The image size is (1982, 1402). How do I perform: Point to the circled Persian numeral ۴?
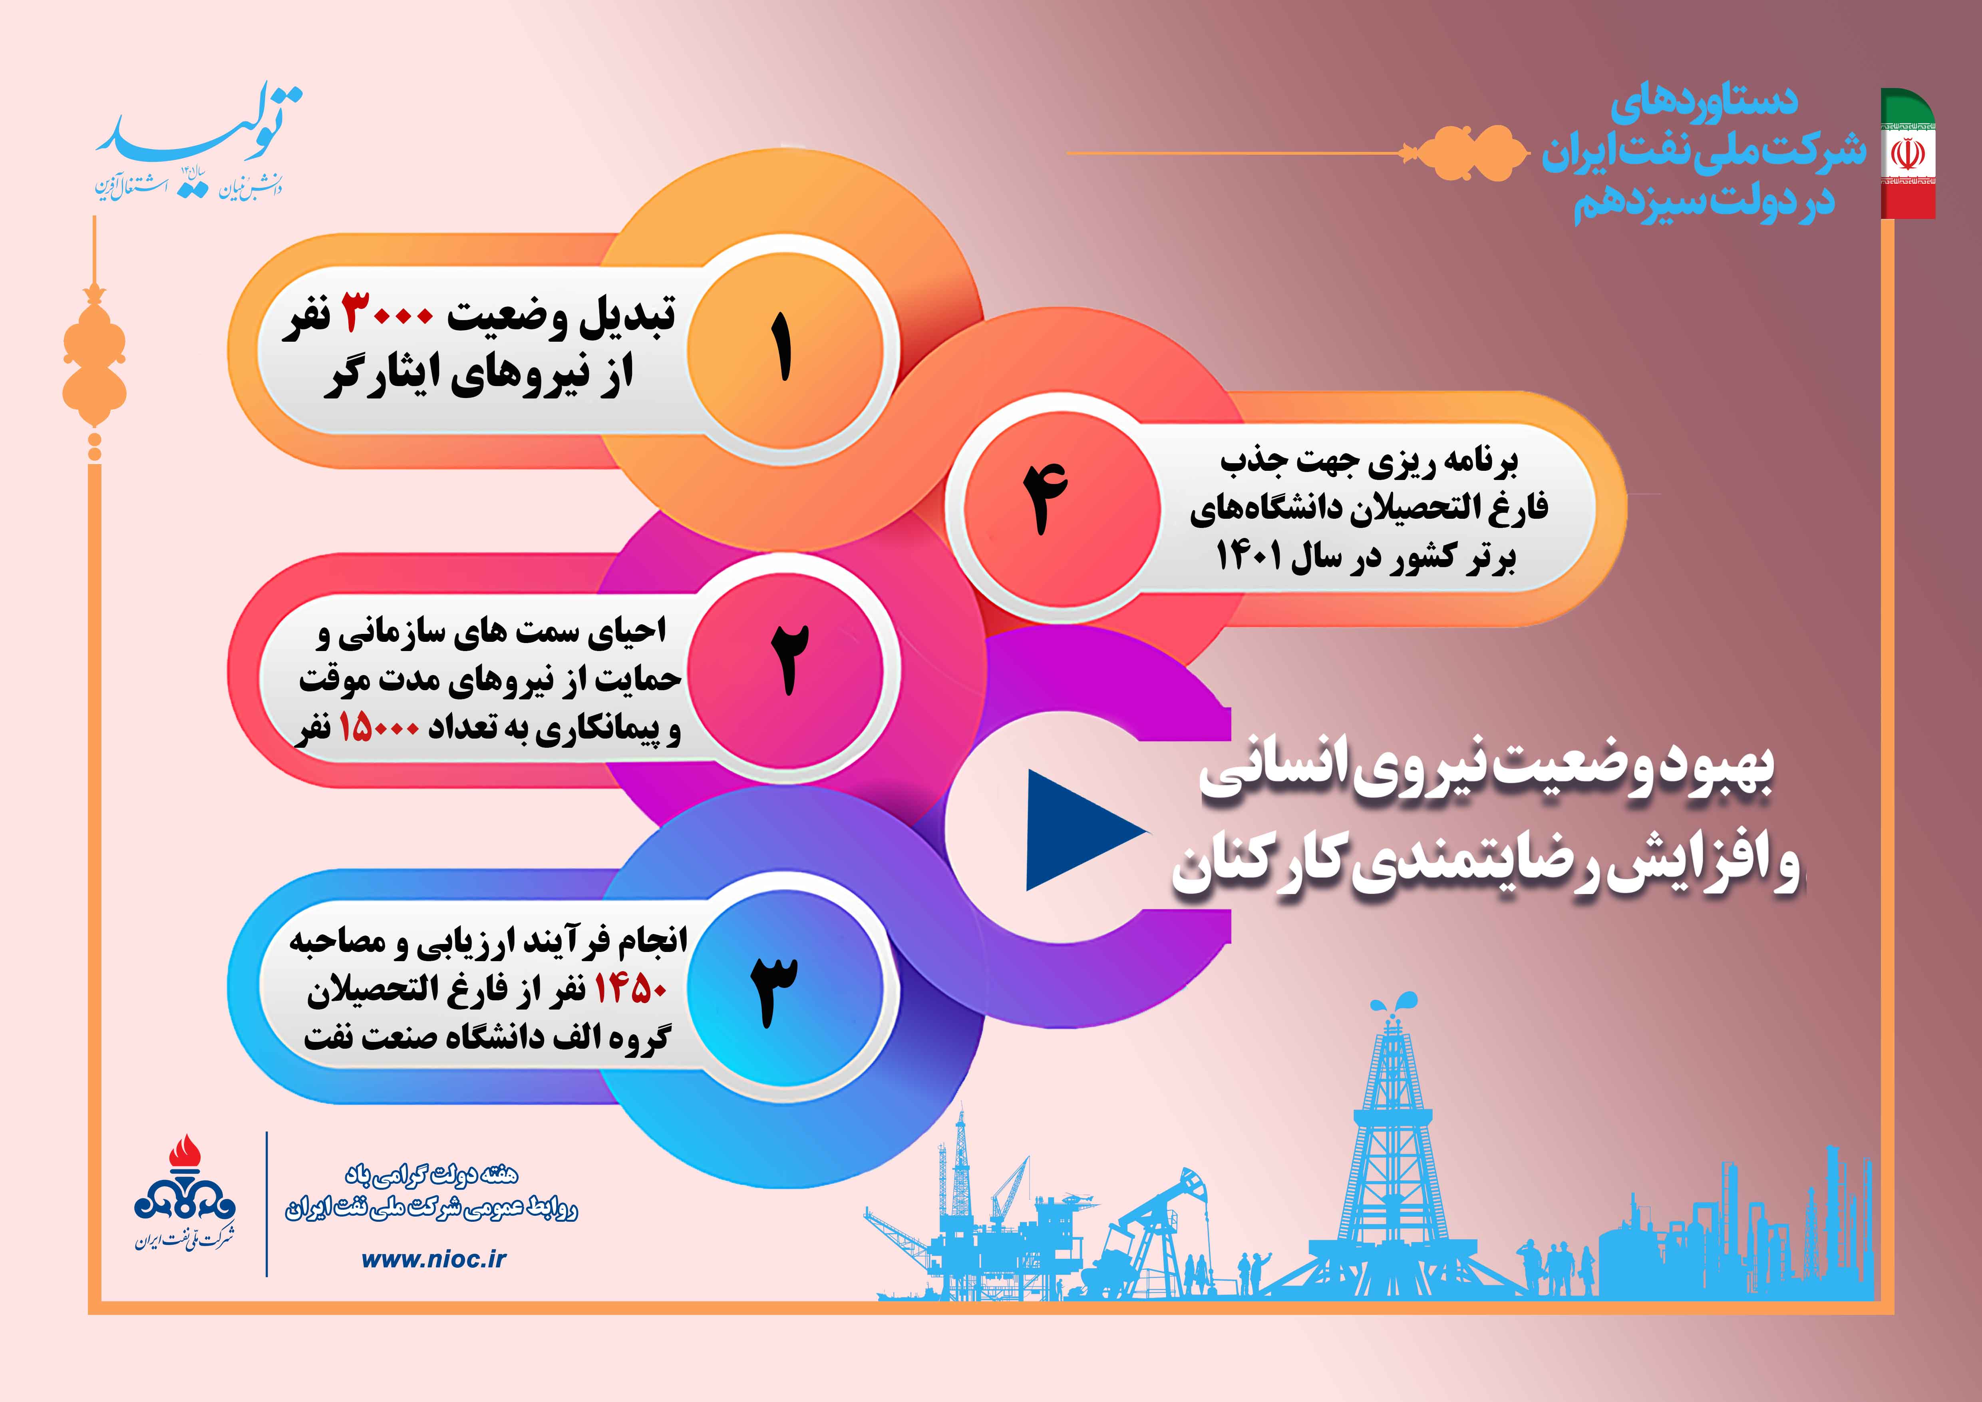tap(1046, 499)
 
